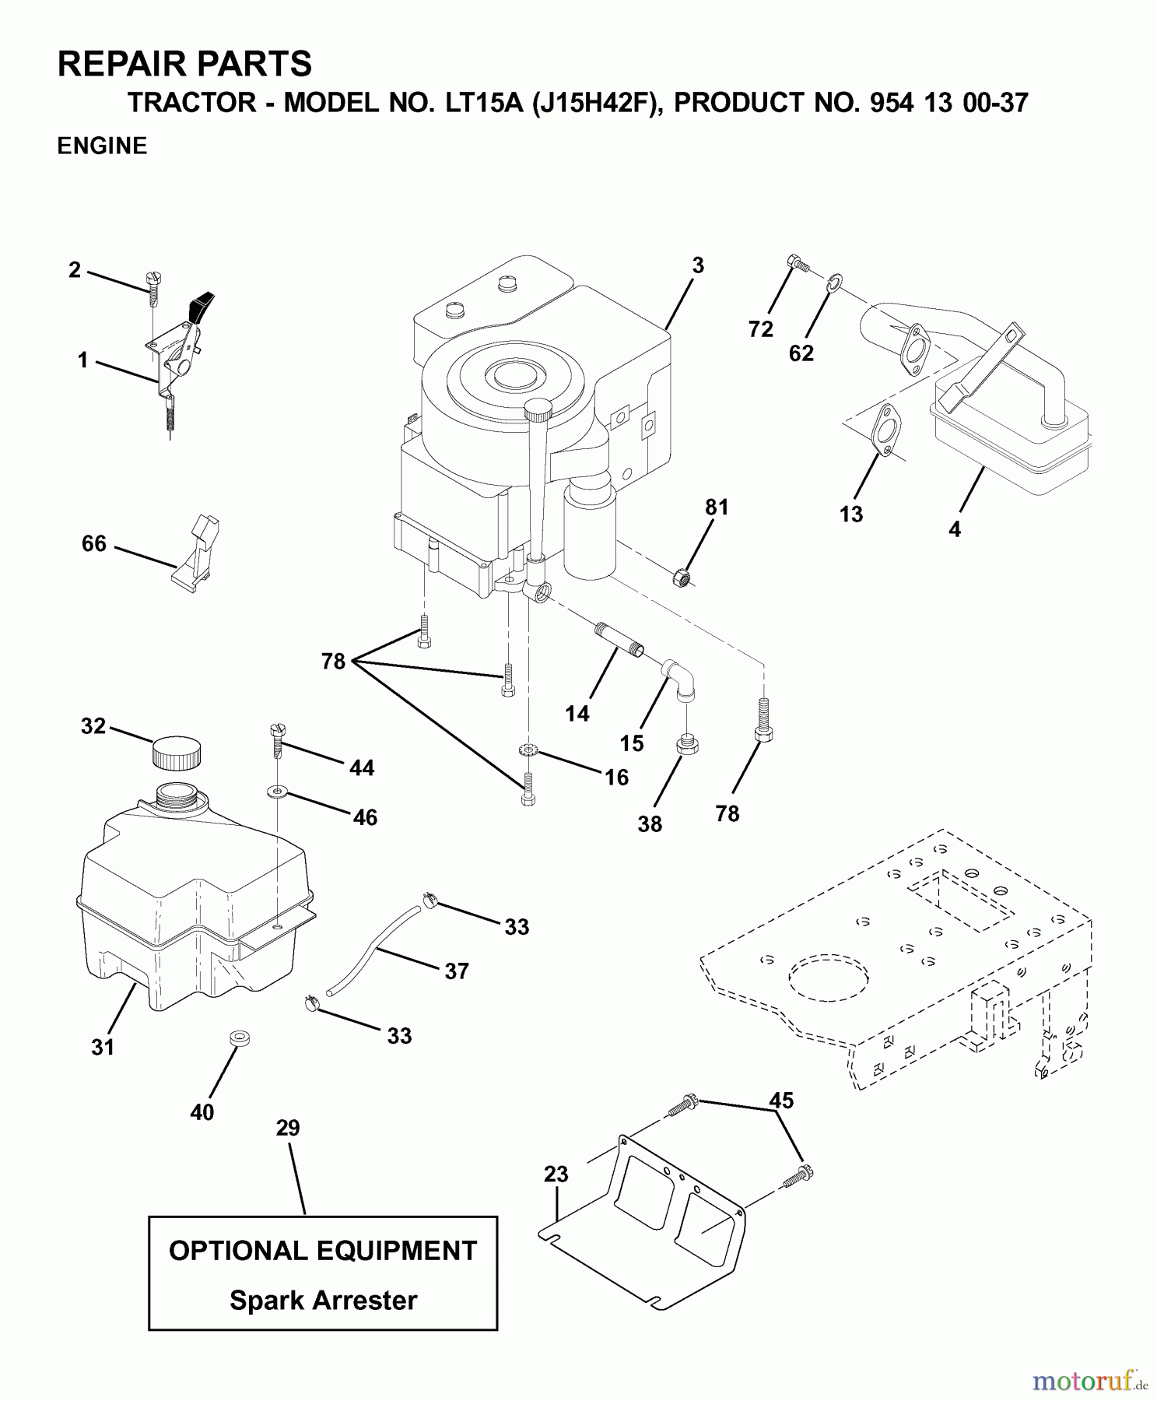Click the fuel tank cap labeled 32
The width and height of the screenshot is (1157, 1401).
coord(176,753)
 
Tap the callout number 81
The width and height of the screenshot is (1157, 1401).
coord(717,507)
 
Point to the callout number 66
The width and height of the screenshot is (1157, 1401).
coord(93,543)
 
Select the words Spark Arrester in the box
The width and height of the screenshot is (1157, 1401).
coord(323,1300)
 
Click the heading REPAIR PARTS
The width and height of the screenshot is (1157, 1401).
coord(184,64)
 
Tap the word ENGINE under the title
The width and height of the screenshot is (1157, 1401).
coord(102,146)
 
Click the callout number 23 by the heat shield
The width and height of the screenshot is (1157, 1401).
coord(556,1174)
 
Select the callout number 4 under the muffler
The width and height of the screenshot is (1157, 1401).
coord(955,529)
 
